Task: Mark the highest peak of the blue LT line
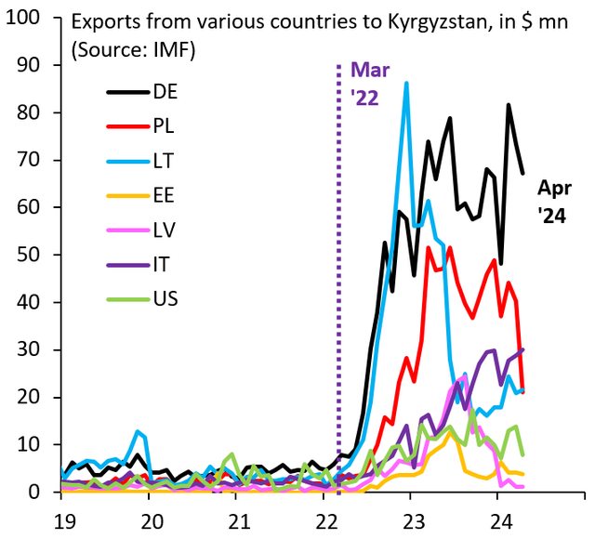tap(406, 84)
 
